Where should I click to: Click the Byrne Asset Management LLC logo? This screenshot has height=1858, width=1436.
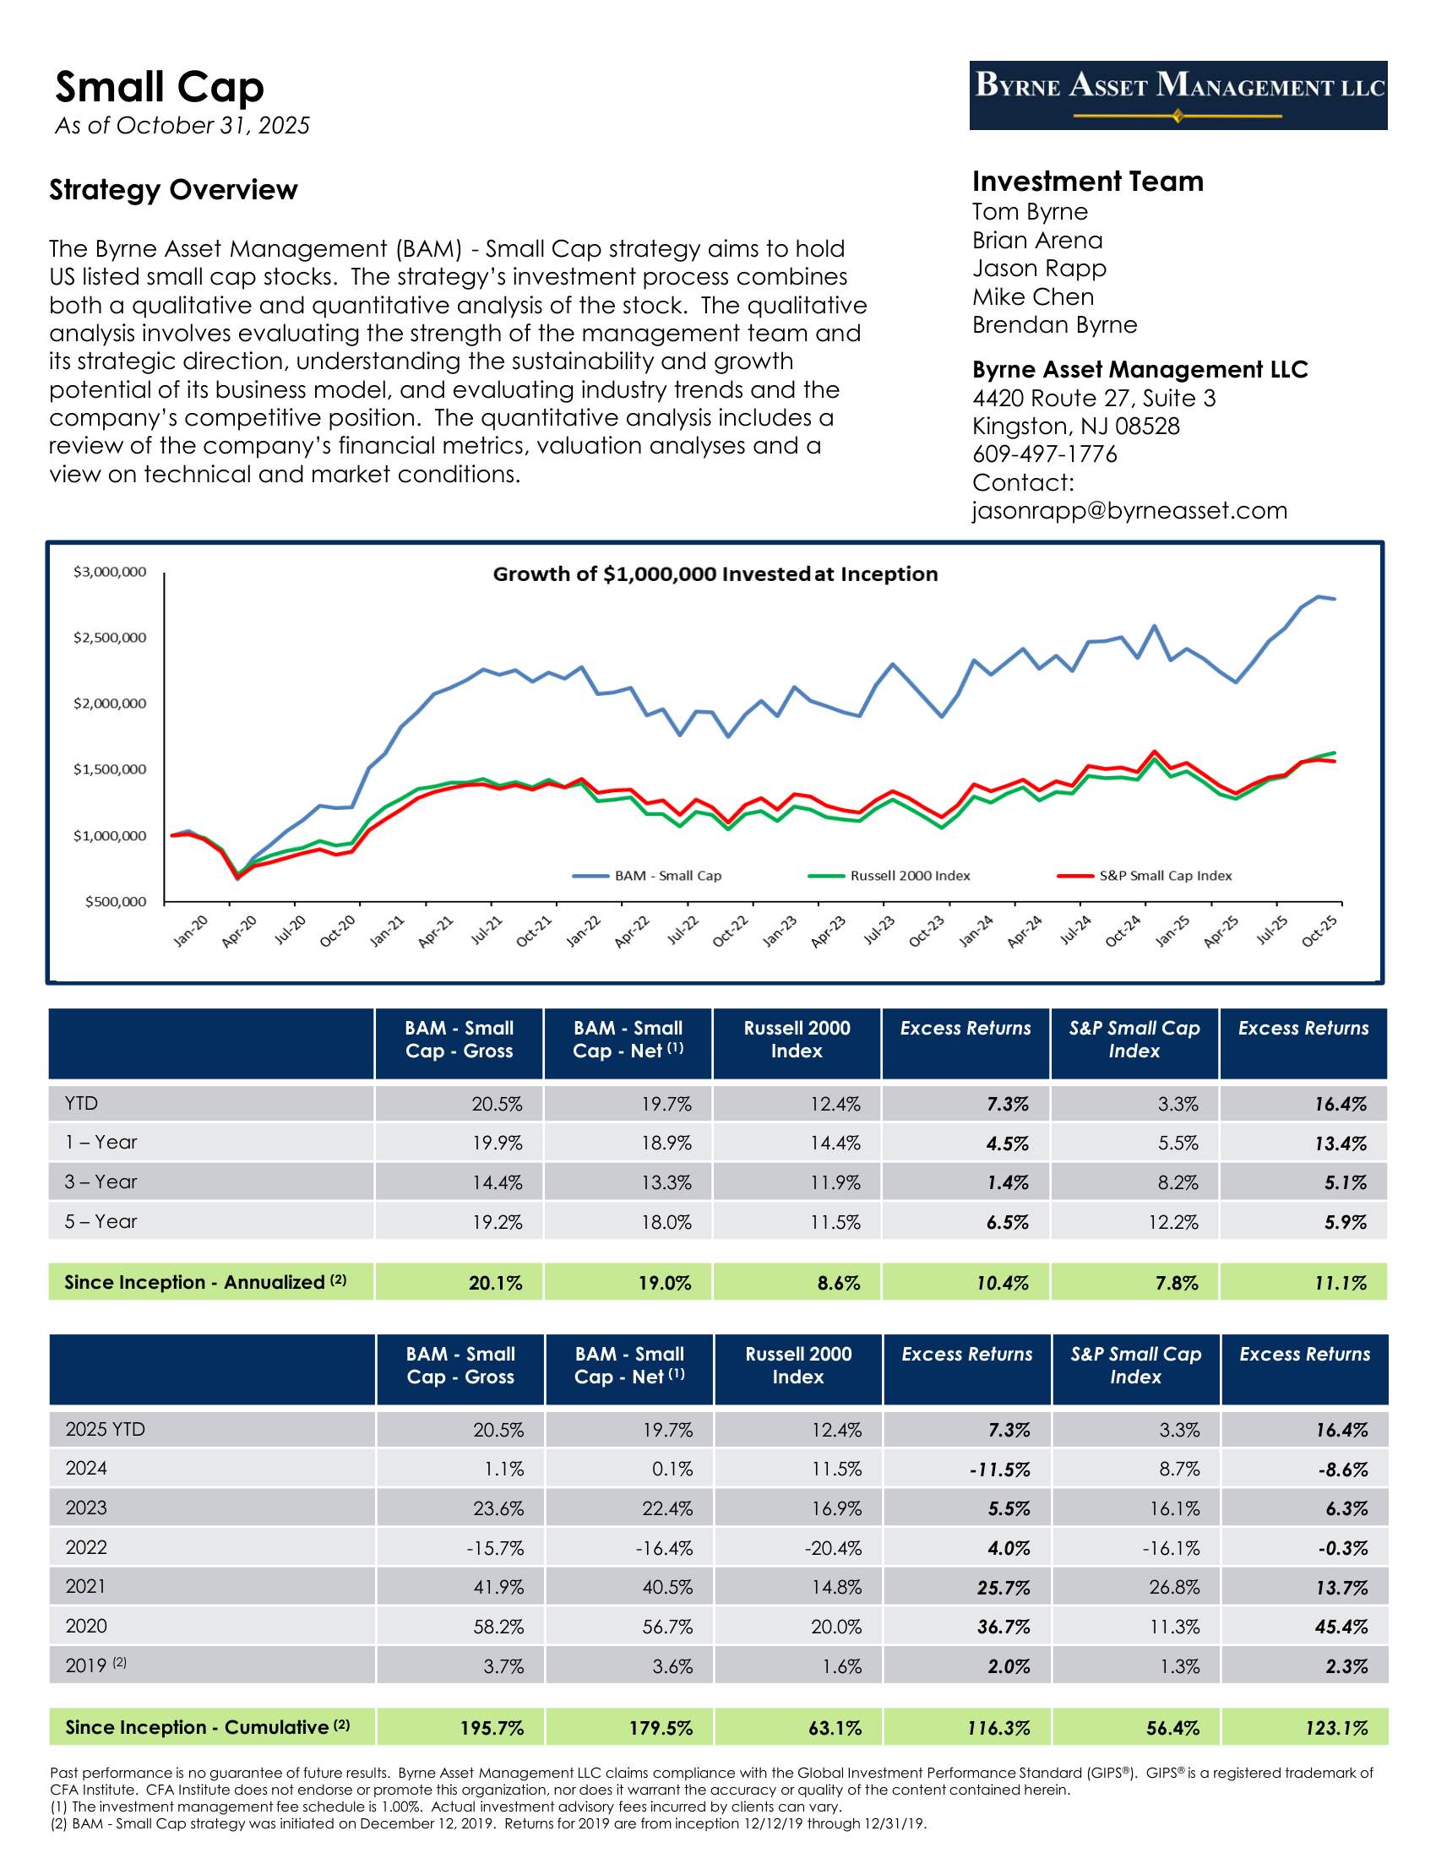pos(1178,95)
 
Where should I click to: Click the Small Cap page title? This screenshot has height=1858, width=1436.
pos(159,88)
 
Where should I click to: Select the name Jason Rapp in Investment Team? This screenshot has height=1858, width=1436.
pos(1039,269)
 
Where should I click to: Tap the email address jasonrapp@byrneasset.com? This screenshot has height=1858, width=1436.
pos(1129,510)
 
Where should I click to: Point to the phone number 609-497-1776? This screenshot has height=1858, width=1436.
pos(1045,454)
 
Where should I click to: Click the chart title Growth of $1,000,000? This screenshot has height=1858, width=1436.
pos(715,574)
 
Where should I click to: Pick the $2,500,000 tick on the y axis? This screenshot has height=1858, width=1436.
pos(110,637)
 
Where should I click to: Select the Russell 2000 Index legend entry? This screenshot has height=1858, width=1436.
pos(909,876)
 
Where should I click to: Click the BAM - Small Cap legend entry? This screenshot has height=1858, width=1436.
pos(667,876)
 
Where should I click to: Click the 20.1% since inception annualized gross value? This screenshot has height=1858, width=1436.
pos(495,1283)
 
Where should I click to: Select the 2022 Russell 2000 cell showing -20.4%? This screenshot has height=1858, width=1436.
pos(833,1548)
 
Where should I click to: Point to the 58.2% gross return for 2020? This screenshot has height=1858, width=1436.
pos(498,1627)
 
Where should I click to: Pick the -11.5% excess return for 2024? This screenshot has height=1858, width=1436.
pos(999,1470)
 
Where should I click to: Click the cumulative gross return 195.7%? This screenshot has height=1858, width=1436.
pos(492,1728)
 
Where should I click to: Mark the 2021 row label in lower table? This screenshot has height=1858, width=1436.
pos(86,1587)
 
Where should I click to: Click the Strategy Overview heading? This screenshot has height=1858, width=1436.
pos(173,190)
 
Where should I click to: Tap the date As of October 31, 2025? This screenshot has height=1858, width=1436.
pos(182,126)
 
